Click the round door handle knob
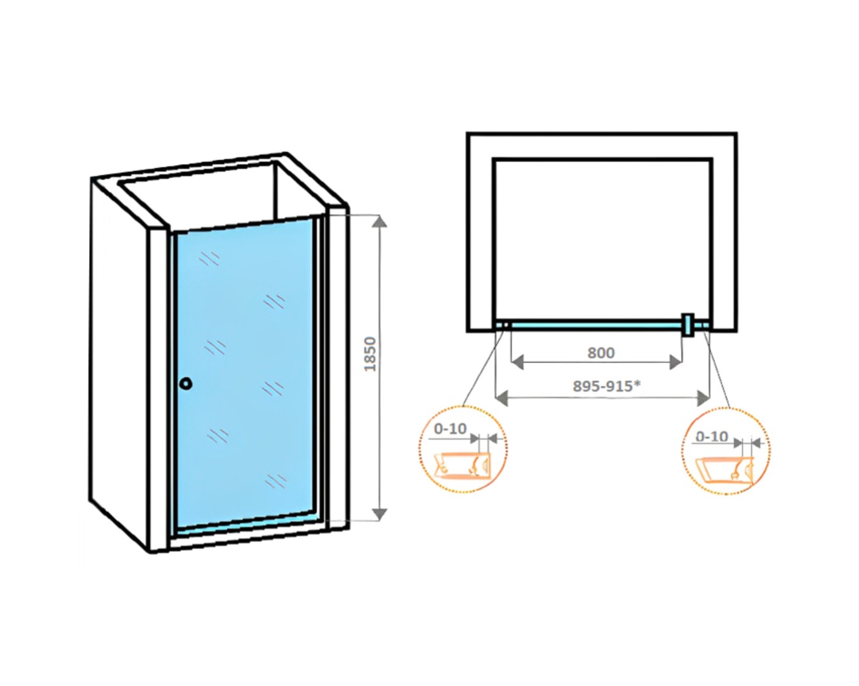[186, 383]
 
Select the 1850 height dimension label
[370, 354]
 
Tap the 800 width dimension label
[601, 353]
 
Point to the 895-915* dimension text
[607, 386]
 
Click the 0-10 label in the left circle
[450, 429]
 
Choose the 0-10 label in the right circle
[712, 437]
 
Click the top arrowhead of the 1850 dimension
[379, 221]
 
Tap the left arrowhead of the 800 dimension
[517, 362]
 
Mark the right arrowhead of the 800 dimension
[675, 362]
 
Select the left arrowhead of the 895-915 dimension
[502, 398]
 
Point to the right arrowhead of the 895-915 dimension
[703, 398]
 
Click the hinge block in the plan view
[687, 325]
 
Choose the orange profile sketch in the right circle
[723, 472]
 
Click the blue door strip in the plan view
[596, 326]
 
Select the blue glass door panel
[244, 374]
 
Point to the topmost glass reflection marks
[209, 259]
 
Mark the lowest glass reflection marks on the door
[276, 481]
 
